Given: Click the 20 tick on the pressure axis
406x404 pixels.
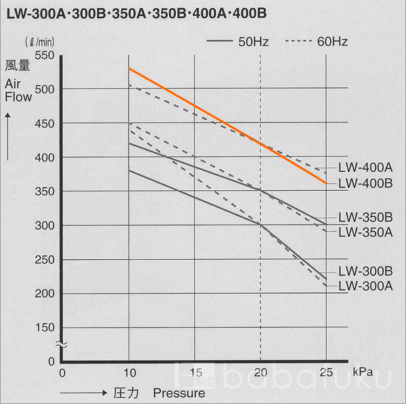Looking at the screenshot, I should point(261,372).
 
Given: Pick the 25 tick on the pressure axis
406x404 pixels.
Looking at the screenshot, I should point(326,372).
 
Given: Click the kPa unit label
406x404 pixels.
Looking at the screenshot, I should point(362,372).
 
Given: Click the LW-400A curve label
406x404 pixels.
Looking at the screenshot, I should point(365,167).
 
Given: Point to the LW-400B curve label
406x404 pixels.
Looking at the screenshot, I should point(365,183).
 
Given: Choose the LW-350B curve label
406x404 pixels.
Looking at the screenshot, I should point(365,218).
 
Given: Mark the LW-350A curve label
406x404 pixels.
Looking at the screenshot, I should point(365,232).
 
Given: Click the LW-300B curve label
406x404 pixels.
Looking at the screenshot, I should point(365,271).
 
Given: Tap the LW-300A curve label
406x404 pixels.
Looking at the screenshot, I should point(365,286).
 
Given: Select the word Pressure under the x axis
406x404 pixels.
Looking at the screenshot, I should point(179,392).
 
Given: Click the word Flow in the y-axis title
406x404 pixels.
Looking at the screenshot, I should point(18,97).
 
